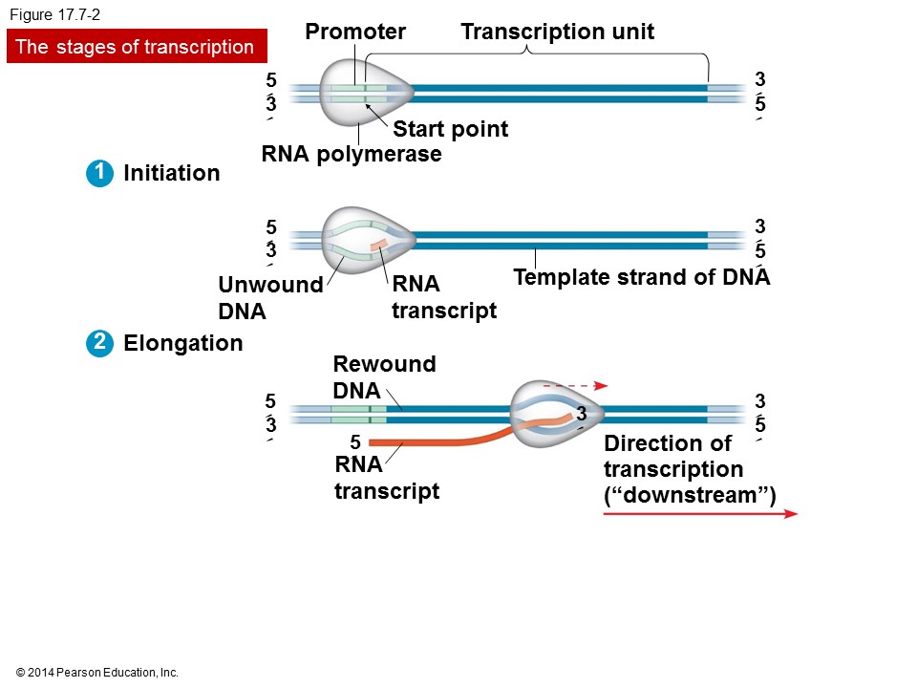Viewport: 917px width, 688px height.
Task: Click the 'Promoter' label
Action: [x=355, y=32]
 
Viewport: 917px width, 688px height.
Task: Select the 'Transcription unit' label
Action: [x=557, y=32]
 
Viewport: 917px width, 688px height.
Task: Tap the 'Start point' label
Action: [x=450, y=129]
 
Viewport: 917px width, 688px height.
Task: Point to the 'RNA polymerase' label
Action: [x=352, y=154]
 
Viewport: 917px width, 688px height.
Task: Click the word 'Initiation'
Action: [x=172, y=173]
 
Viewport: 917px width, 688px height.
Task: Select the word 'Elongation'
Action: [x=183, y=343]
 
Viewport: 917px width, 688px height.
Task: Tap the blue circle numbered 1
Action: [x=97, y=173]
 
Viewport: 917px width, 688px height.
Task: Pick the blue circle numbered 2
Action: [x=97, y=343]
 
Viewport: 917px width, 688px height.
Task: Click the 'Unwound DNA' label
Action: [x=269, y=298]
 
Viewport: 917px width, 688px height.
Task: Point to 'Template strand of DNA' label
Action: [x=641, y=278]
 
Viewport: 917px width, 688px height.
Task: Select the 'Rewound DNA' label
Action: [x=383, y=377]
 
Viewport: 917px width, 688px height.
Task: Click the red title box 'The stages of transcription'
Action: [x=136, y=47]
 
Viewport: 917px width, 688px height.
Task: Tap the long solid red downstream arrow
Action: [x=700, y=514]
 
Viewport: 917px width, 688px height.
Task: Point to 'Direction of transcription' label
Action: [x=689, y=469]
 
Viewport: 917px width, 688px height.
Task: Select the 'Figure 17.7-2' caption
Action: [x=54, y=14]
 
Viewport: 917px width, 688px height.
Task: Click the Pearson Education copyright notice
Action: [x=97, y=673]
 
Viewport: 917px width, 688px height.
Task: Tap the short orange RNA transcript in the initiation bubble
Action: [x=379, y=246]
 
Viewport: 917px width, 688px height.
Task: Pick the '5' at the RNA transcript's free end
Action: [x=354, y=442]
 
